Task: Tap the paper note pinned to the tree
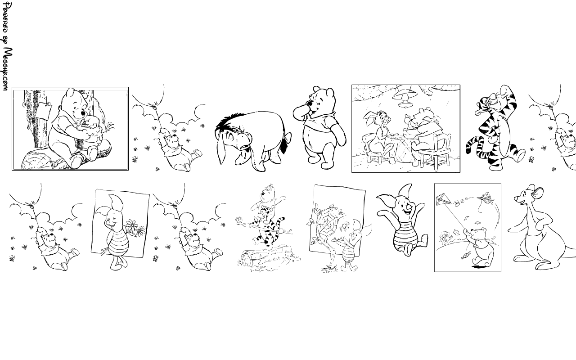[x=44, y=110]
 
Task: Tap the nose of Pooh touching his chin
[x=310, y=104]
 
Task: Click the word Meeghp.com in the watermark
[x=8, y=69]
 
